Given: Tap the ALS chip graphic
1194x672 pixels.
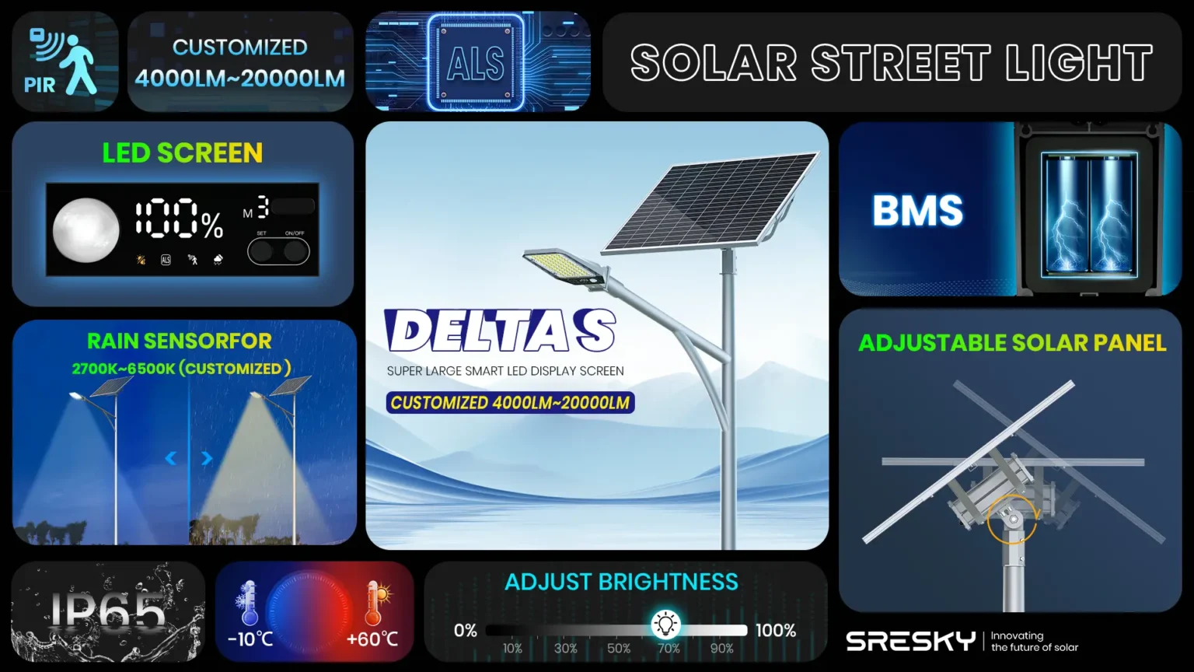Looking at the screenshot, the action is [x=476, y=62].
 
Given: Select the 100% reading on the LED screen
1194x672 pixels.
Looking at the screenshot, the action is [x=179, y=218].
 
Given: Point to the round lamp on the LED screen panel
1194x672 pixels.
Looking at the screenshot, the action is [x=86, y=230].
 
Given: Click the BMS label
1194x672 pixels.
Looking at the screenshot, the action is [x=917, y=211].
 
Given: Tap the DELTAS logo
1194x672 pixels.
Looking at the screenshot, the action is [x=500, y=330].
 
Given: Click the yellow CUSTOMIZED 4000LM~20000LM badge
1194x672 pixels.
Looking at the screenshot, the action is [x=510, y=403].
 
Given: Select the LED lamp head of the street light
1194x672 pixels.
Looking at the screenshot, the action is [x=566, y=267].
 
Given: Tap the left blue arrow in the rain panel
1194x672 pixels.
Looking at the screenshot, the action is [x=170, y=458].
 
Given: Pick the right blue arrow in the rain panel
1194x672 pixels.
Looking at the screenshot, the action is [x=207, y=458].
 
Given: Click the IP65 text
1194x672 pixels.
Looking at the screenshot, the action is [x=108, y=611].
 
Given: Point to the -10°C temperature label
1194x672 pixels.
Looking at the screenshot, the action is [x=250, y=639].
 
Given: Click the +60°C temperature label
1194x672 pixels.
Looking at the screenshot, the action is [x=372, y=639].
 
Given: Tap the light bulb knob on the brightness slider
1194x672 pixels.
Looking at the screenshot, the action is [x=665, y=624].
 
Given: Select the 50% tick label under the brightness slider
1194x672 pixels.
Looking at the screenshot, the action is [x=618, y=649].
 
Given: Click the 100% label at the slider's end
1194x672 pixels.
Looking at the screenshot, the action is [x=776, y=631].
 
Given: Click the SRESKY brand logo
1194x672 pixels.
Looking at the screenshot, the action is [x=910, y=641].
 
